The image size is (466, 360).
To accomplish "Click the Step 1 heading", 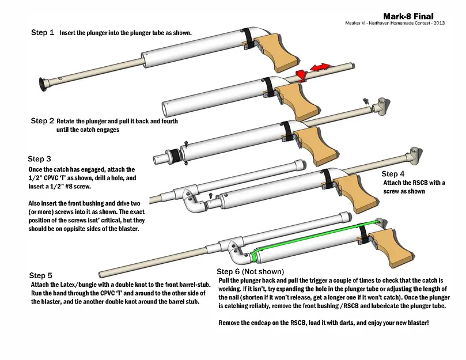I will coord(43,33).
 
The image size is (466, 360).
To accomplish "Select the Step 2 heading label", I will coord(43,122).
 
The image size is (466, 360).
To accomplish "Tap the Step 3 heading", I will coord(40,158).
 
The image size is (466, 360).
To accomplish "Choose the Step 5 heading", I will coord(42,275).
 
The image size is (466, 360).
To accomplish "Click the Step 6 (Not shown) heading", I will coord(250,271).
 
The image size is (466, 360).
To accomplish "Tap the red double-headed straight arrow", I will coord(320,68).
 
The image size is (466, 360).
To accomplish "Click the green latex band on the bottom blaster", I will coord(311,236).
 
